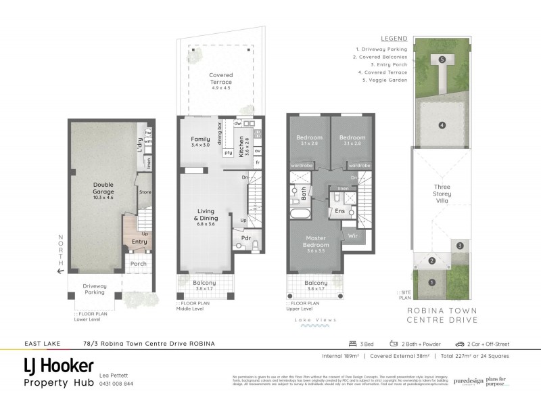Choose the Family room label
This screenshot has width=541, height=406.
coord(200,142)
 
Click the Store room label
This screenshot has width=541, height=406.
coord(145,192)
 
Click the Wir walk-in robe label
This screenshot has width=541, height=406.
coord(352,236)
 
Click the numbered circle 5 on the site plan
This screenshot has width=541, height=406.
coord(442,60)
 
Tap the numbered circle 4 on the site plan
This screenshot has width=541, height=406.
coord(442,125)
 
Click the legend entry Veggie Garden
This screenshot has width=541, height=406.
coord(385,79)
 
